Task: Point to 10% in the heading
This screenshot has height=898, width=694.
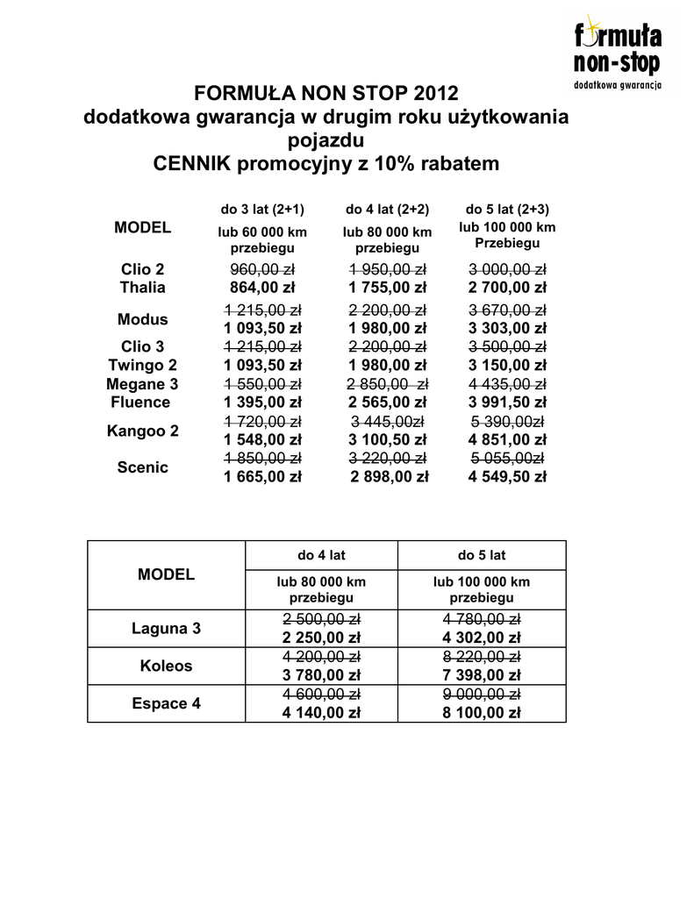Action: pos(395,164)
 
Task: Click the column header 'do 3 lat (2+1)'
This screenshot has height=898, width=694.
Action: pos(262,210)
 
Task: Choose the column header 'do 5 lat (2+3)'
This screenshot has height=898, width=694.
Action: pos(507,210)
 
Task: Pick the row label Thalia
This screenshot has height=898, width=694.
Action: pos(142,288)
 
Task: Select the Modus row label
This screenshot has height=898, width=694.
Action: pos(142,319)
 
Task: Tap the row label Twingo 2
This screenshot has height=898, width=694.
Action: pos(142,365)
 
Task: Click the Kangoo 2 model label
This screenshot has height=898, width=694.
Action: pos(142,431)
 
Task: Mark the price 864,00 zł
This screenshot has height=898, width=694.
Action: pos(262,288)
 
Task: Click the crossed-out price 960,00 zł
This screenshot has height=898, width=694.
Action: pos(262,269)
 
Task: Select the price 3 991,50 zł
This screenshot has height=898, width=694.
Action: pos(507,403)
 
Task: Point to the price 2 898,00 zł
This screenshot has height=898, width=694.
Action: pos(390,477)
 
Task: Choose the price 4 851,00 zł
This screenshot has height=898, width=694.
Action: pos(507,439)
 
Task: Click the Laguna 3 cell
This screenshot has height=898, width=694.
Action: pos(166,629)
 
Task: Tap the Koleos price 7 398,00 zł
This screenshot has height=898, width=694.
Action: pos(482,675)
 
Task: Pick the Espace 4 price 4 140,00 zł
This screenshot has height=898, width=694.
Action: pos(321,713)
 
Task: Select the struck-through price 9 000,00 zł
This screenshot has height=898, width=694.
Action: pos(482,695)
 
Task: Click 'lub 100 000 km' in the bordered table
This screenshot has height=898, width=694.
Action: pos(482,581)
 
